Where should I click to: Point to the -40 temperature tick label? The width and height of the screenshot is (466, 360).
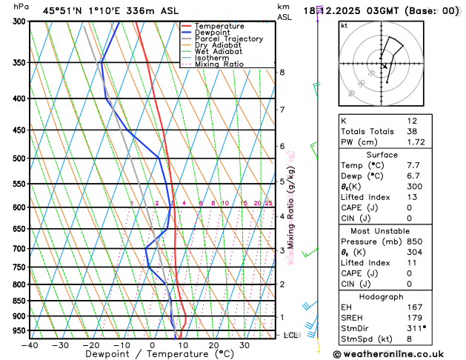point(30,345)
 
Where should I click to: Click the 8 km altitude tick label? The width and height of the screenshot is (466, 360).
point(282,72)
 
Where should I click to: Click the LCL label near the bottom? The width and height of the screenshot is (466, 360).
point(291,336)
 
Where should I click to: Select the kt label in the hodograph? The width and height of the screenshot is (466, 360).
point(344,26)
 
